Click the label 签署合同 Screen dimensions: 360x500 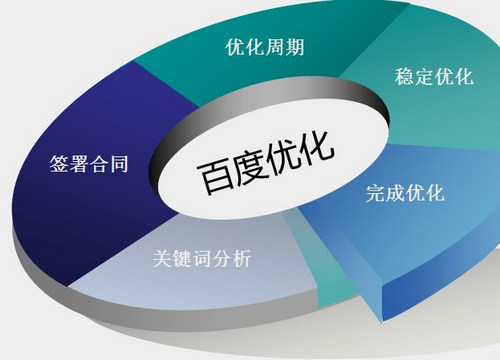click(x=87, y=162)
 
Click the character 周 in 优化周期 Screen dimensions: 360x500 click(x=271, y=47)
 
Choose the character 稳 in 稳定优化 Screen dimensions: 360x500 click(x=404, y=79)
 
